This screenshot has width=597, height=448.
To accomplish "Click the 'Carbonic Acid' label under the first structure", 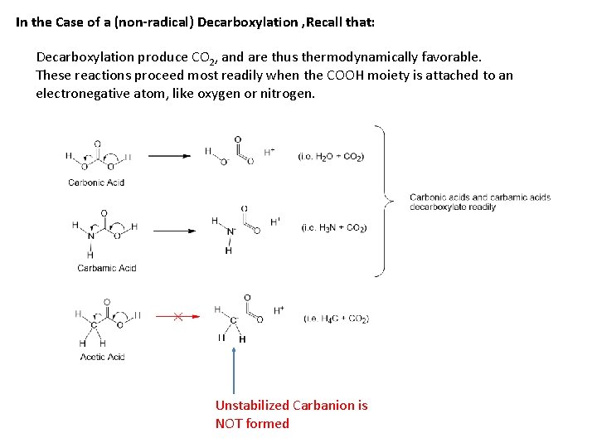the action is click(x=96, y=183).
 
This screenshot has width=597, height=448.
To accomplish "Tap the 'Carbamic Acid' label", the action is click(x=106, y=268).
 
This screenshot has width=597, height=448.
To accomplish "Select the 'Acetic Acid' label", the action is click(x=102, y=357).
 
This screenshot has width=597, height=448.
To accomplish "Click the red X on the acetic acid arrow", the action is click(x=178, y=316).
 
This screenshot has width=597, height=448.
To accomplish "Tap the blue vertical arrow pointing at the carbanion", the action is click(x=235, y=370).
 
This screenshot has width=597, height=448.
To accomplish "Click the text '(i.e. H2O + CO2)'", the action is click(x=331, y=156).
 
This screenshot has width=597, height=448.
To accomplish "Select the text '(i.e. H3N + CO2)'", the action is click(x=333, y=227).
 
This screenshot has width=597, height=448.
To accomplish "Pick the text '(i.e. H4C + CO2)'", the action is click(x=336, y=318).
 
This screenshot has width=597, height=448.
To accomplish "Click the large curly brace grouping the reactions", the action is click(x=384, y=200).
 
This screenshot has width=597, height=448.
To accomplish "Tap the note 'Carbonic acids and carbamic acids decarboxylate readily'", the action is click(x=479, y=202).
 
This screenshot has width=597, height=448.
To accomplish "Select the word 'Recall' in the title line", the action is click(x=329, y=22).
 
